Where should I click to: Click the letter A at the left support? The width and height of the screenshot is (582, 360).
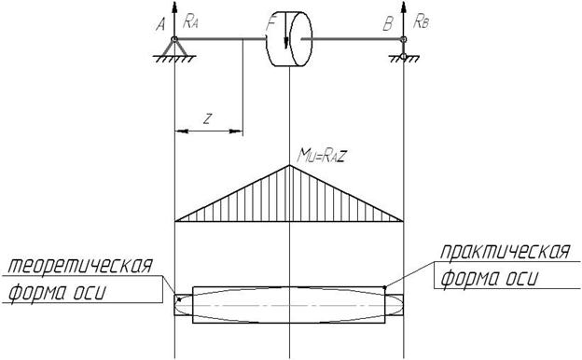tap(160, 25)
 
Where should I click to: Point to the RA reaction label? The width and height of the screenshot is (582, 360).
tap(190, 21)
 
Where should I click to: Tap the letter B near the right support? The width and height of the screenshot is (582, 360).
tap(388, 24)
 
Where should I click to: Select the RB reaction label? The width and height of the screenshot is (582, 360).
tap(421, 22)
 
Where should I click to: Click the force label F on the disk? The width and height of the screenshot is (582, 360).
tap(271, 24)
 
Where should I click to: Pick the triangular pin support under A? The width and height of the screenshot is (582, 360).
tap(174, 49)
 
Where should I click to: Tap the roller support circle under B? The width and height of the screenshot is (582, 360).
tap(404, 56)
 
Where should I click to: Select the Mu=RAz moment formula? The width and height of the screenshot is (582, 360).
tap(322, 156)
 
